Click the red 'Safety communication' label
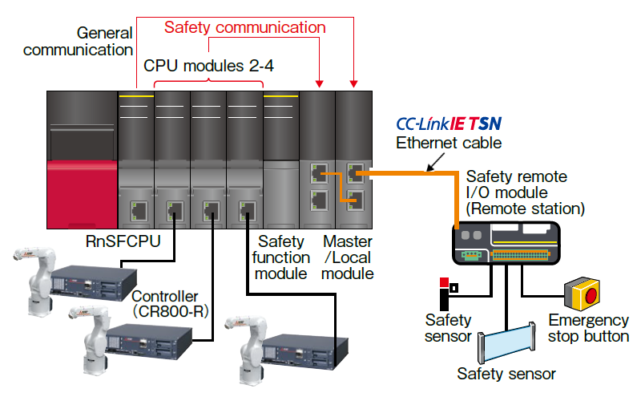244,27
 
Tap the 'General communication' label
78,42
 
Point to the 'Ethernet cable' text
449,144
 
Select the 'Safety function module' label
280,257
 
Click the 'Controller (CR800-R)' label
170,303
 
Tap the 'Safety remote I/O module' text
517,192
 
